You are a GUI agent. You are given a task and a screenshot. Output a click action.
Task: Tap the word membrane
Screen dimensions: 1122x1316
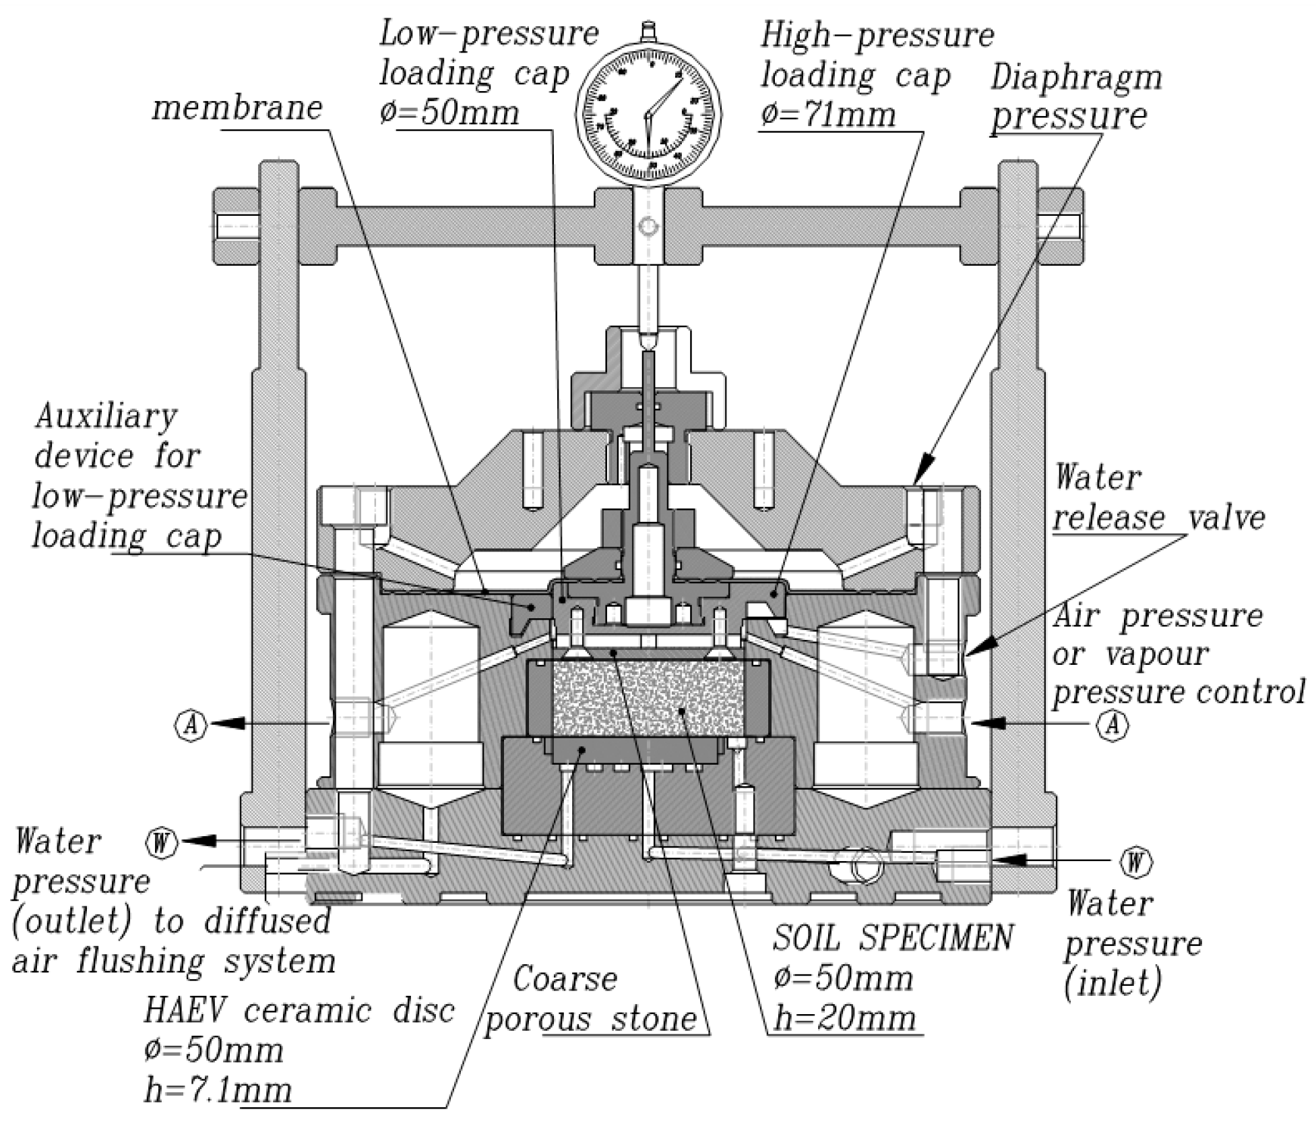click(x=237, y=108)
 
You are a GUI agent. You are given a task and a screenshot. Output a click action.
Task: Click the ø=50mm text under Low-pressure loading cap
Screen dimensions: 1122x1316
click(x=449, y=112)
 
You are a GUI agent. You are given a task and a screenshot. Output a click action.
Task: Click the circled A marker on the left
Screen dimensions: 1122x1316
click(x=192, y=724)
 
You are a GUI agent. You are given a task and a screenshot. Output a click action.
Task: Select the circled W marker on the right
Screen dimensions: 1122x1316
click(x=1135, y=862)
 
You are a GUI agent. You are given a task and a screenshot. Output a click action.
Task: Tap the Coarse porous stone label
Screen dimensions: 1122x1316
click(x=590, y=998)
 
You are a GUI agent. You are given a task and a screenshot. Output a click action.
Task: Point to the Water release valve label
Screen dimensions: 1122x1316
click(x=1159, y=498)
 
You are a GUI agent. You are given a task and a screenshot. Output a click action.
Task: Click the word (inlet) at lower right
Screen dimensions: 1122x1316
click(x=1113, y=983)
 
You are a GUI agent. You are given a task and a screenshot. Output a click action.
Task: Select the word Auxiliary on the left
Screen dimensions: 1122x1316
click(x=106, y=417)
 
